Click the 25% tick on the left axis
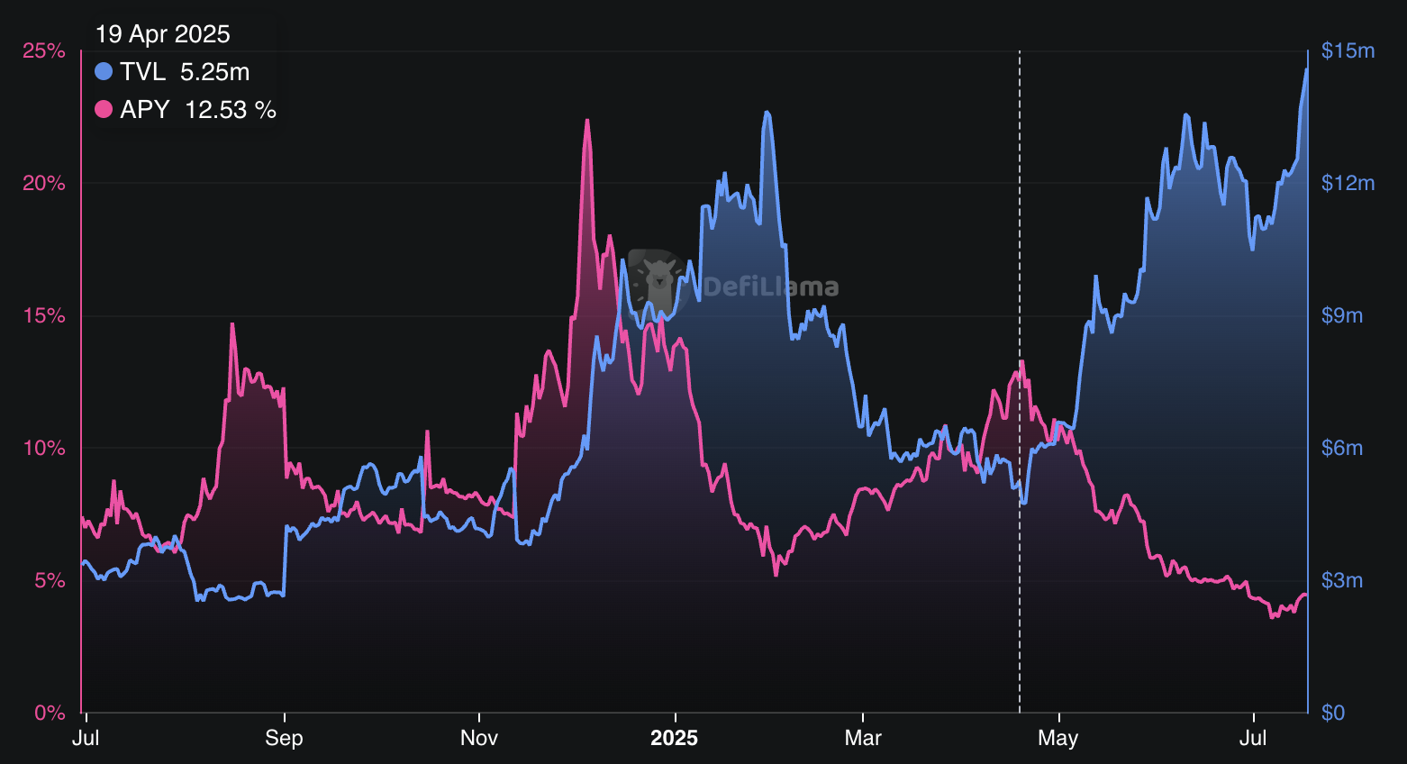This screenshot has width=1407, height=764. [x=44, y=51]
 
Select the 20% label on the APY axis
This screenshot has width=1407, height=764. [x=44, y=184]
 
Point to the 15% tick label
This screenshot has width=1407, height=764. [x=44, y=316]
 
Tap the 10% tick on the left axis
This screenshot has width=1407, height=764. [x=44, y=449]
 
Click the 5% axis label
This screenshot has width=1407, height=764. [x=50, y=581]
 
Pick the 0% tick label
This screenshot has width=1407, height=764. [x=50, y=714]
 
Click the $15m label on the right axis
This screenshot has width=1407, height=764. [x=1348, y=51]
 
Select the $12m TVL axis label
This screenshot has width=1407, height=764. [x=1348, y=184]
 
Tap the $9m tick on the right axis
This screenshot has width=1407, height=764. [x=1341, y=316]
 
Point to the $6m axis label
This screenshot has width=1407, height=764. [x=1341, y=449]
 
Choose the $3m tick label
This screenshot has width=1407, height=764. [x=1341, y=581]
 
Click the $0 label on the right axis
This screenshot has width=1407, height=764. [x=1333, y=714]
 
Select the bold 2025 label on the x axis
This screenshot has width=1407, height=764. [x=674, y=739]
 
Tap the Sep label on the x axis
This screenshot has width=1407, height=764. [x=284, y=739]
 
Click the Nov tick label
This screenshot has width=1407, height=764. [x=479, y=739]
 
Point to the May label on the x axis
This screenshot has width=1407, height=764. [x=1058, y=739]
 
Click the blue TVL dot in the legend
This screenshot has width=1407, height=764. [x=104, y=71]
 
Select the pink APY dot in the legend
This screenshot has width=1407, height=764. [x=104, y=110]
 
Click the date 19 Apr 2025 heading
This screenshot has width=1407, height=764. [x=163, y=34]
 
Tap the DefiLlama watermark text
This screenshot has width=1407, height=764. [x=771, y=287]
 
